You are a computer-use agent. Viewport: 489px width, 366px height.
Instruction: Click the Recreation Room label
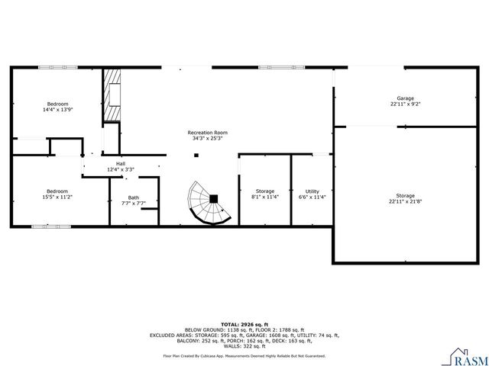click(208, 133)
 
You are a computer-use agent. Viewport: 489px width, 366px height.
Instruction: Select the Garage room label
click(405, 98)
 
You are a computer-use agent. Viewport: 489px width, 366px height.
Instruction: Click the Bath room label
click(134, 197)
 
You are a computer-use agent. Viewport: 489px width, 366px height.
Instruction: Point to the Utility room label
click(312, 191)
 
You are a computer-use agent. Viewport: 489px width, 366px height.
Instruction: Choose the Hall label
click(121, 163)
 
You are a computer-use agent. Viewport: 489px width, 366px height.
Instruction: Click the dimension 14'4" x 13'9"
click(58, 110)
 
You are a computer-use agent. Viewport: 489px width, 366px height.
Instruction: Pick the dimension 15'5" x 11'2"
click(57, 197)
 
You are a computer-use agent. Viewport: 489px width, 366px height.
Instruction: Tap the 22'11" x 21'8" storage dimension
click(405, 202)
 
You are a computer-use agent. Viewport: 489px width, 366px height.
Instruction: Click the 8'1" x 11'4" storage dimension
click(265, 197)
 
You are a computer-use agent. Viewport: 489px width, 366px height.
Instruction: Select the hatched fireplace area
click(113, 95)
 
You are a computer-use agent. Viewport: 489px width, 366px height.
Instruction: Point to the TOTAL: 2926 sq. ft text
click(244, 325)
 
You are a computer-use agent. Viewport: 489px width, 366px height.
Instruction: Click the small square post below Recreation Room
click(196, 155)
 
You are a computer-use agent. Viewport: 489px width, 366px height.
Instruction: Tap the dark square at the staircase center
click(214, 198)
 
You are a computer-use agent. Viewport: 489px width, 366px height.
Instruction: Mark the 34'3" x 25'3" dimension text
click(208, 139)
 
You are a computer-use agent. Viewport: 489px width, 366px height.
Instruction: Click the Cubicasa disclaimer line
click(244, 355)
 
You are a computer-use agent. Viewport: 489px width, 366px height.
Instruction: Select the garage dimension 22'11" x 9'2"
click(405, 104)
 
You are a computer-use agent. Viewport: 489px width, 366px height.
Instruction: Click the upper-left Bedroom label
click(58, 104)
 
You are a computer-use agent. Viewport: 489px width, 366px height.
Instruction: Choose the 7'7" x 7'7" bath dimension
click(134, 204)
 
